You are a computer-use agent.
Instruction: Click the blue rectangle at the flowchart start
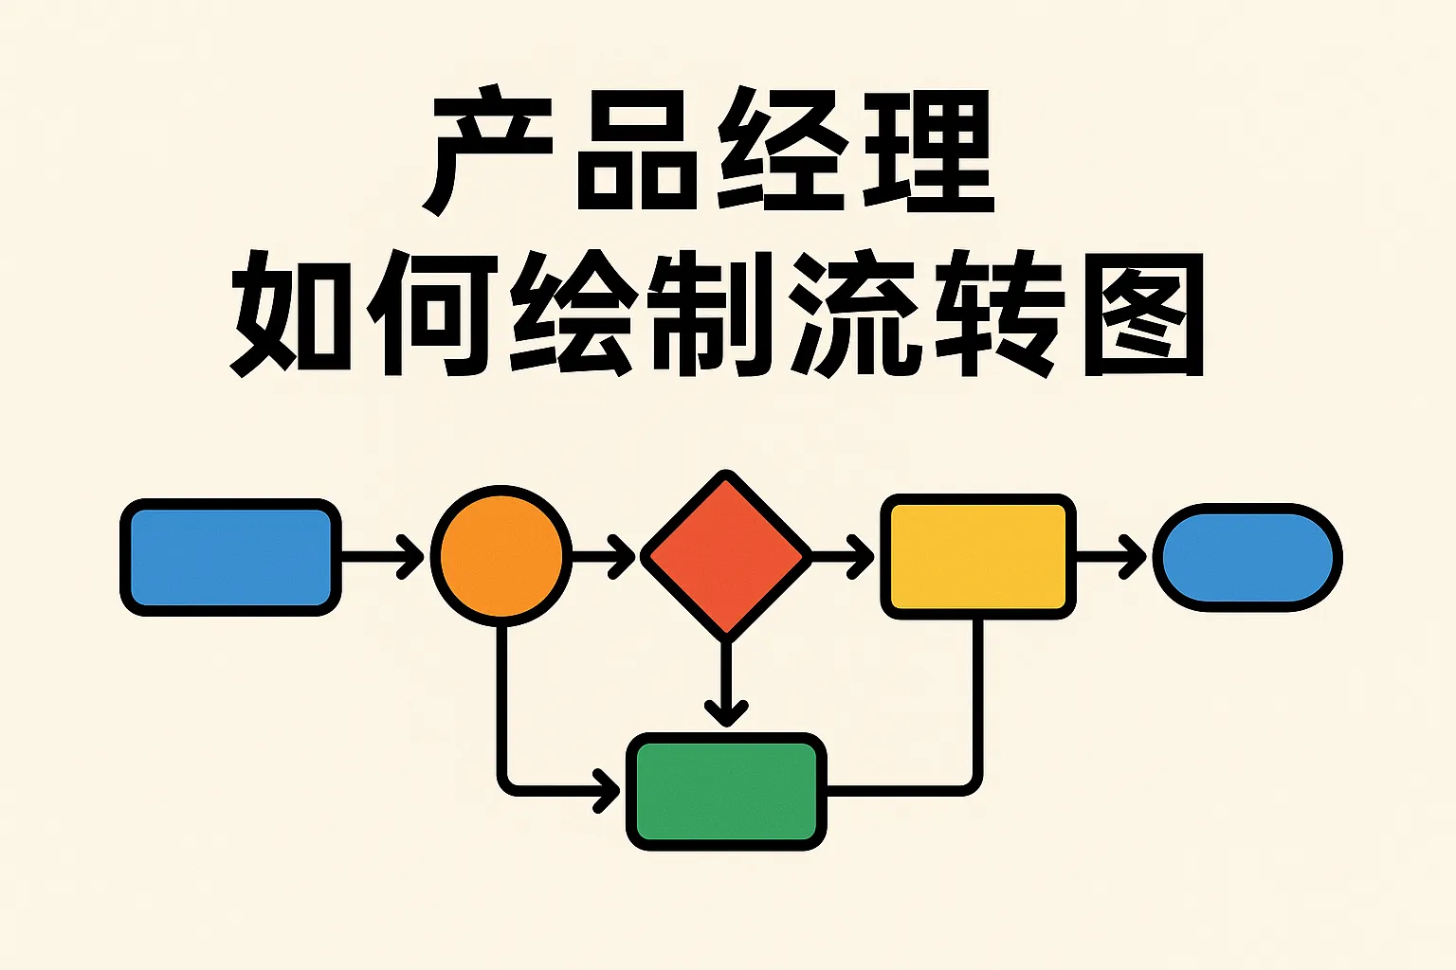(230, 557)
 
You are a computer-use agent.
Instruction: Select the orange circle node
(500, 556)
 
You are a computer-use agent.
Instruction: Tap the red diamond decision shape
(726, 556)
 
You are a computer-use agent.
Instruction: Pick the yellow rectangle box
(977, 556)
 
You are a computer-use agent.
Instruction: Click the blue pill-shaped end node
(1247, 557)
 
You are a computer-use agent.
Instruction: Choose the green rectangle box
(726, 791)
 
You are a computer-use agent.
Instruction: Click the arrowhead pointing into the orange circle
(413, 556)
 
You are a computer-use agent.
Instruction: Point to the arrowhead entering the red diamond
(625, 556)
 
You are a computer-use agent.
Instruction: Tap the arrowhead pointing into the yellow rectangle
(864, 556)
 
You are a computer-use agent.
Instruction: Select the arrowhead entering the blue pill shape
(1136, 556)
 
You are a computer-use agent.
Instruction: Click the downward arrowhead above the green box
(726, 712)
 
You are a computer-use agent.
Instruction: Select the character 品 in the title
(630, 152)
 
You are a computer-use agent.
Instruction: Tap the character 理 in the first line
(929, 152)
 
